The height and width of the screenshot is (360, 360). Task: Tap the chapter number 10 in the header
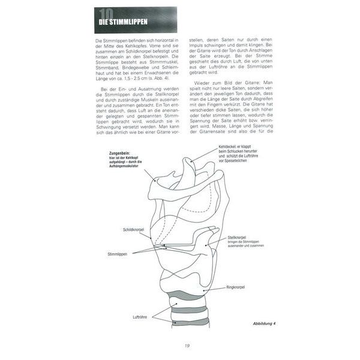tap(107, 16)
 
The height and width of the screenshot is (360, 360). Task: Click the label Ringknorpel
tap(236, 289)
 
